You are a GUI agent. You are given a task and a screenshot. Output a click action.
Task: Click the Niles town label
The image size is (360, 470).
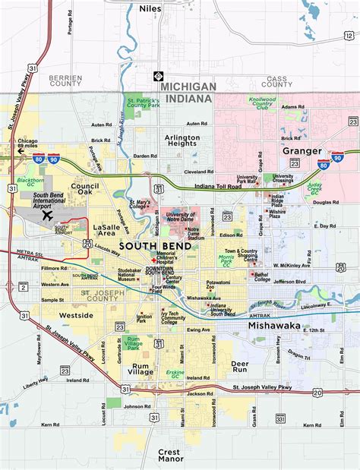[x=150, y=8]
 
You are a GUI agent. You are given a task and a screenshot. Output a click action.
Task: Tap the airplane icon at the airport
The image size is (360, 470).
[x=47, y=214]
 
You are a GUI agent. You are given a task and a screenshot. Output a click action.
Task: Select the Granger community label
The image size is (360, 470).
[x=302, y=150]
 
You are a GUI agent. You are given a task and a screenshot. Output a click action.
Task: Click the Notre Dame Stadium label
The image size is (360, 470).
[x=196, y=233]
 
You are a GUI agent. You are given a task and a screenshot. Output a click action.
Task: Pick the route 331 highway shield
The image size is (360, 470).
[x=281, y=418]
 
